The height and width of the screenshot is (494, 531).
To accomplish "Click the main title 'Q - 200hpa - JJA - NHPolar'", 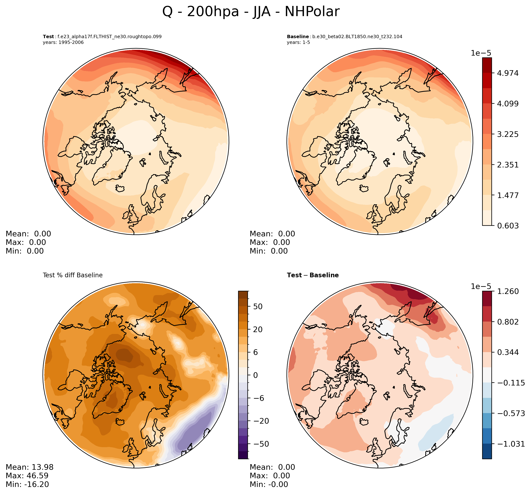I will pos(251,12).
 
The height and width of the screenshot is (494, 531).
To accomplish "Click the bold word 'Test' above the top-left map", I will pos(48,37).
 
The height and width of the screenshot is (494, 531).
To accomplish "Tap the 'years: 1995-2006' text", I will pos(63,42).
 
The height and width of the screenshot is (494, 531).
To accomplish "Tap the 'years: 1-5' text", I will pos(298,42).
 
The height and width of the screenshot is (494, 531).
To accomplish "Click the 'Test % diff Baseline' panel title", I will pos(73,275).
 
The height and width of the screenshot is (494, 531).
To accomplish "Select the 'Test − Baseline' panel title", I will pos(313,275).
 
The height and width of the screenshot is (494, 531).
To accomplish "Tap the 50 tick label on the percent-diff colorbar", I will pos(257,307).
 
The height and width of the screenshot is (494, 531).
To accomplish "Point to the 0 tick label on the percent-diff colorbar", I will pos(256,375).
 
